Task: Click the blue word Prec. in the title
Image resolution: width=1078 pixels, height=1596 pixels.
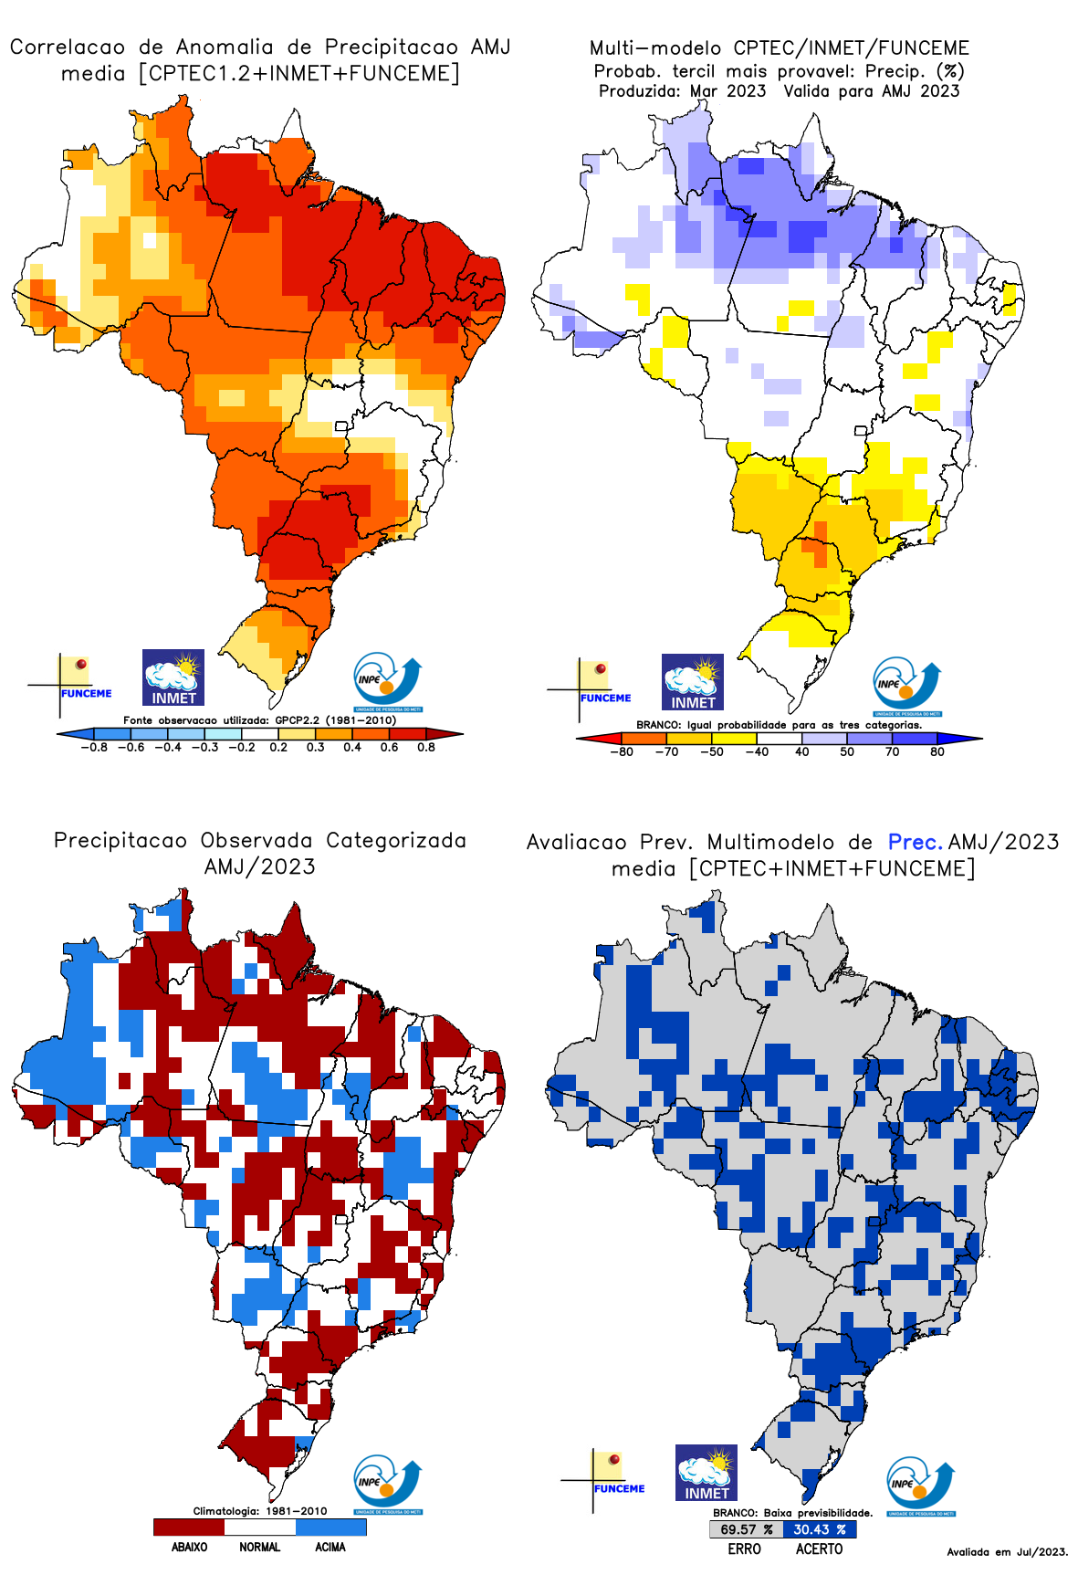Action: point(915,842)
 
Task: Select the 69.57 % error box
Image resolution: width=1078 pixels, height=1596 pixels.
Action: point(746,1529)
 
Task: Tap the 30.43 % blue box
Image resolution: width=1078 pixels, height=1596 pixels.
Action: point(819,1529)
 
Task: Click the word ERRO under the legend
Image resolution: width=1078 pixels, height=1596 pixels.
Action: point(744,1549)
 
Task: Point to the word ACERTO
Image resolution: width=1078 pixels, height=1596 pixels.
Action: point(819,1549)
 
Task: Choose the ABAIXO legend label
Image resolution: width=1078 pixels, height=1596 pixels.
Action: point(189,1548)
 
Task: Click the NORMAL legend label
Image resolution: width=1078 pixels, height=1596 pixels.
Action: point(259,1548)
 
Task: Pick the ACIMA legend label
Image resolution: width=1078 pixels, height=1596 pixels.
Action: point(330,1548)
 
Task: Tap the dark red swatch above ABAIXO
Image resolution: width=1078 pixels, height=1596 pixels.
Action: point(189,1527)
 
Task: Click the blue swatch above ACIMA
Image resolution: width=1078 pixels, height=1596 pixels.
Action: point(330,1527)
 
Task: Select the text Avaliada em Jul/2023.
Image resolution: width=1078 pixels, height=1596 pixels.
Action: point(1007,1552)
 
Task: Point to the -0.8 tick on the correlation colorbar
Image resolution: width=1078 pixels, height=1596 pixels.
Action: point(94,747)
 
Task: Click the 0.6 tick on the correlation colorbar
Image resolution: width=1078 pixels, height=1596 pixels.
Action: point(389,747)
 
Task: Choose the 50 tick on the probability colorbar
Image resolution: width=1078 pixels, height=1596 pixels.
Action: point(847,752)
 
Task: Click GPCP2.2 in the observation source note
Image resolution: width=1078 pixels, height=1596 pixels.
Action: point(297,720)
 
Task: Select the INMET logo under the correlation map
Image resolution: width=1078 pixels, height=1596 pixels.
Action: point(173,677)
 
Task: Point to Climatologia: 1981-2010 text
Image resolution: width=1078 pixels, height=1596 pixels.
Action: point(259,1511)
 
